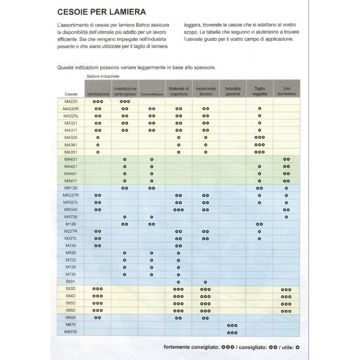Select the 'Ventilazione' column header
pos(97,95)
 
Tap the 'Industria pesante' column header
pos(232,91)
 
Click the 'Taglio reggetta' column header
pos(260,91)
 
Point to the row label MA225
pos(71,102)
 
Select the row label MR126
pos(71,188)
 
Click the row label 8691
pos(71,281)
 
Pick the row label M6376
pos(71,331)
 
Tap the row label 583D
pos(71,289)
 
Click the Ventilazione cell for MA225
pos(98,102)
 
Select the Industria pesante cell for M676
pos(233,324)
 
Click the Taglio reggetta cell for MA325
pos(260,137)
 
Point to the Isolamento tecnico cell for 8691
pos(206,281)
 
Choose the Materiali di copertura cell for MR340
pos(178,209)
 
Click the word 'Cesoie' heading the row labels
pos(71,95)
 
